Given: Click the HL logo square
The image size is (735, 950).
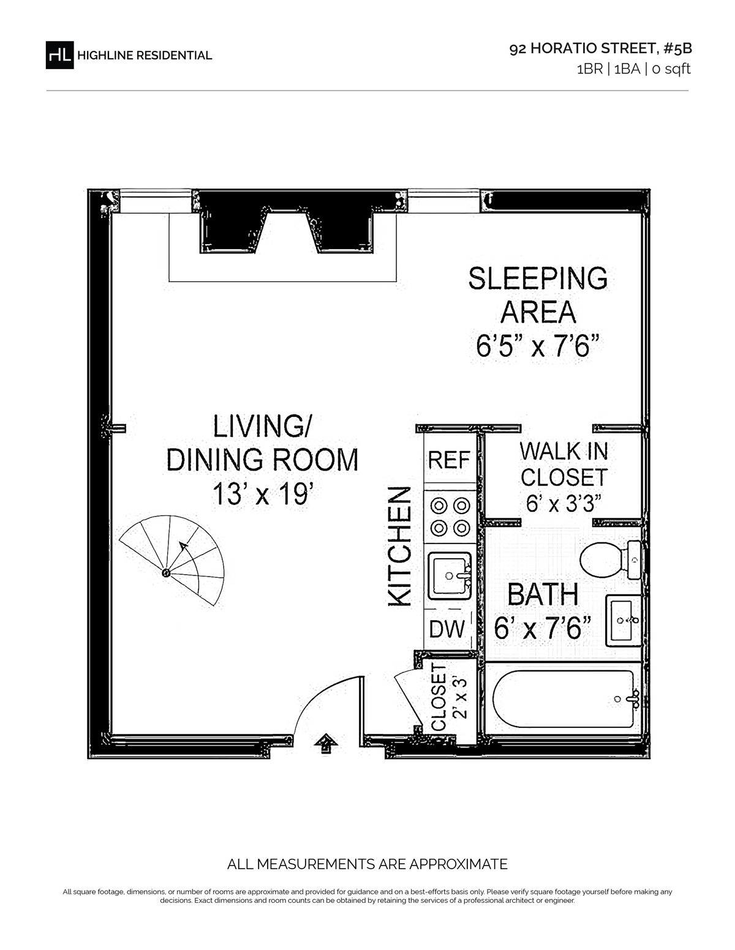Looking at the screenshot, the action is click(59, 55).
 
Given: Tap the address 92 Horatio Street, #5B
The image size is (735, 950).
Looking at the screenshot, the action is click(600, 48).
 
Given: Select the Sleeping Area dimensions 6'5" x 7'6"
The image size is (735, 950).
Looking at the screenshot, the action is click(537, 346).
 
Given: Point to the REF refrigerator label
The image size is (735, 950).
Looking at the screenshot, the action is click(449, 460).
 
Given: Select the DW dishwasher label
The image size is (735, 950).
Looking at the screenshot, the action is click(447, 629).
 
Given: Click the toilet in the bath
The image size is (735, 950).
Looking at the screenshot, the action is click(611, 559).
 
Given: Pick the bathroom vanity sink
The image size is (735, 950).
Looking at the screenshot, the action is click(623, 620).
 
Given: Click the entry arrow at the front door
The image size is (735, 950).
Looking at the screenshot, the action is click(326, 743).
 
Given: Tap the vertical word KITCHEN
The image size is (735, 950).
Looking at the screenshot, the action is click(400, 547).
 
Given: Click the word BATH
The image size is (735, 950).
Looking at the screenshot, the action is click(543, 594).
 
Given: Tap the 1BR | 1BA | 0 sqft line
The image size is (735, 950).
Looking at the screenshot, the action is click(633, 69).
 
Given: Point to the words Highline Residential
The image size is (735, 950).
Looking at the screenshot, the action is click(145, 56).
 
